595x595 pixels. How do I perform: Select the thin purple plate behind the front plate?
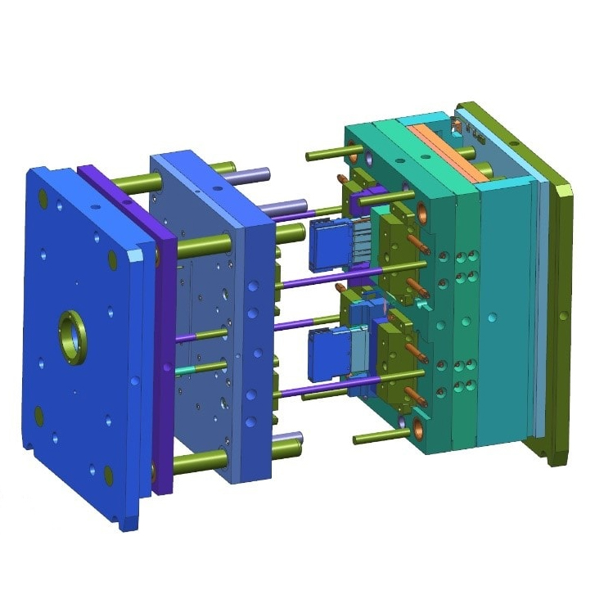pyautogui.click(x=164, y=327)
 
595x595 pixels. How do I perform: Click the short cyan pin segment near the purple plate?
pyautogui.click(x=187, y=371)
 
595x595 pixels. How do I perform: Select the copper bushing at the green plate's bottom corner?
pyautogui.click(x=419, y=424)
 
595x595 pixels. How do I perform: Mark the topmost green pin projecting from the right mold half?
pyautogui.click(x=327, y=153)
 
